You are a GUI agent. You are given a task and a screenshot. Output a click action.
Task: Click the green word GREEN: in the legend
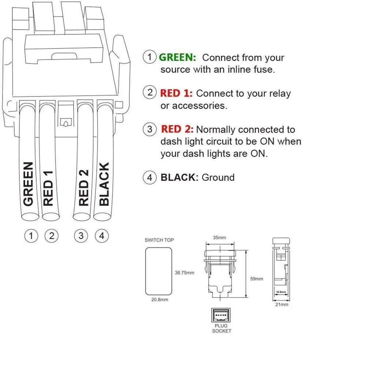pos(178,57)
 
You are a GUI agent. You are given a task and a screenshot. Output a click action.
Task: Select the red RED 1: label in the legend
pos(176,93)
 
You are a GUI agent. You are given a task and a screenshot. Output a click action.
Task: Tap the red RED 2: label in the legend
pos(177,129)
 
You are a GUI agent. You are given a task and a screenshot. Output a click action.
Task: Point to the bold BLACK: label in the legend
pos(179,178)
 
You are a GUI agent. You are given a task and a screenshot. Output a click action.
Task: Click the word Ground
pos(218,178)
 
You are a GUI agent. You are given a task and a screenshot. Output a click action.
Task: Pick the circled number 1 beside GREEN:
pos(149,57)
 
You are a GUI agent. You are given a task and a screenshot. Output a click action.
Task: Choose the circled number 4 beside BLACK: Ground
pos(149,178)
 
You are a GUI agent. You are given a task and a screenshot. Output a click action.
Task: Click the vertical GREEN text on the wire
pos(29,184)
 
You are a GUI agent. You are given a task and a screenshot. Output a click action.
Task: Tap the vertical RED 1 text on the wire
pos(48,188)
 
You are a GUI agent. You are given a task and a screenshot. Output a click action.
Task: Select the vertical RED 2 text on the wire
pos(84,187)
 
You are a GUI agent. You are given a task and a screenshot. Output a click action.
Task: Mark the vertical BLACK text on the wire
pos(104,184)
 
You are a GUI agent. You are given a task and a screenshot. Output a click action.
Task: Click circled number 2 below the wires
pos(52,236)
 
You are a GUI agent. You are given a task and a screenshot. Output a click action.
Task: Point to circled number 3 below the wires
pos(81,236)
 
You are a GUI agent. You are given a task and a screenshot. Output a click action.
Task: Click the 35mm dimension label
pos(219,238)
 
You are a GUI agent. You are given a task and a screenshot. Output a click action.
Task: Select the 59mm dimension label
pos(257,279)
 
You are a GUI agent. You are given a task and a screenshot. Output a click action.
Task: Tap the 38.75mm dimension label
pos(184,273)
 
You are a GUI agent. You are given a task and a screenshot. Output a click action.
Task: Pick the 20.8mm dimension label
pos(160,299)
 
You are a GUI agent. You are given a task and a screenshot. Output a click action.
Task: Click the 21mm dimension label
pos(282,305)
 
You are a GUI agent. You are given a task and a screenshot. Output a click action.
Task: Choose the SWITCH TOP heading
pos(159,240)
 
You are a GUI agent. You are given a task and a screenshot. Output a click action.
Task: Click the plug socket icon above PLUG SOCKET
pos(221,315)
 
